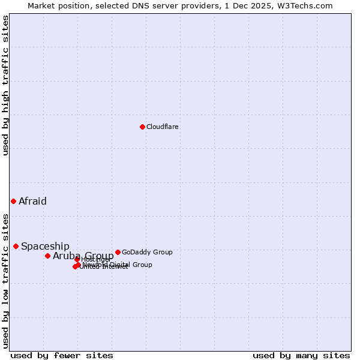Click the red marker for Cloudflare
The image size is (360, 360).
click(142, 127)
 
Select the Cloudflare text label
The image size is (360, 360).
click(163, 127)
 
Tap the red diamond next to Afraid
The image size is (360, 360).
click(13, 201)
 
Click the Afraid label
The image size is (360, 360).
click(32, 201)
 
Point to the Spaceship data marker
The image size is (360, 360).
click(16, 246)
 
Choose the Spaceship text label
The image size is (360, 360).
click(45, 246)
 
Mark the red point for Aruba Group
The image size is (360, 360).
click(47, 256)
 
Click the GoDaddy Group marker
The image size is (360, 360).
click(118, 252)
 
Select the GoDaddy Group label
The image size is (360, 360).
click(147, 252)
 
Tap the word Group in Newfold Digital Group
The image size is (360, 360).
click(142, 265)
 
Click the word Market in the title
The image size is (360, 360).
click(41, 5)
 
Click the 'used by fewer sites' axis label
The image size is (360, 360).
click(62, 355)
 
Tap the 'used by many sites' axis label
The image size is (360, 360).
click(301, 355)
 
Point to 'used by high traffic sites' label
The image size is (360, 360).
click(6, 85)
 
